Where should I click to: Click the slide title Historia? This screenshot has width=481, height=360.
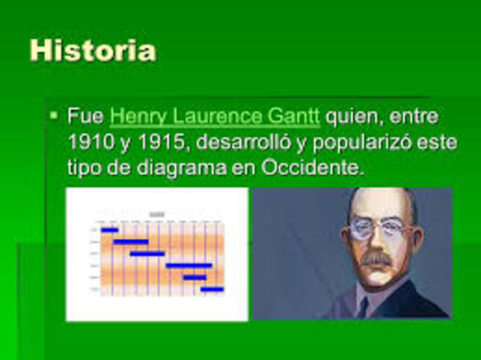click(x=92, y=50)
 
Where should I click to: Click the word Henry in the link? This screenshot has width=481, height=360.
click(x=135, y=116)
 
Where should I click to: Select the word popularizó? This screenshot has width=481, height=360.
click(x=362, y=142)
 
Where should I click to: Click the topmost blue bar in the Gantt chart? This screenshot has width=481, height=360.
click(x=110, y=230)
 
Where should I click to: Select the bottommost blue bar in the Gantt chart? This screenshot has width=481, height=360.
click(x=212, y=289)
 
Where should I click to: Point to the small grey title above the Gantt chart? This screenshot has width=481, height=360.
click(x=156, y=215)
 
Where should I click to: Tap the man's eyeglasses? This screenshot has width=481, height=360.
click(x=380, y=230)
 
